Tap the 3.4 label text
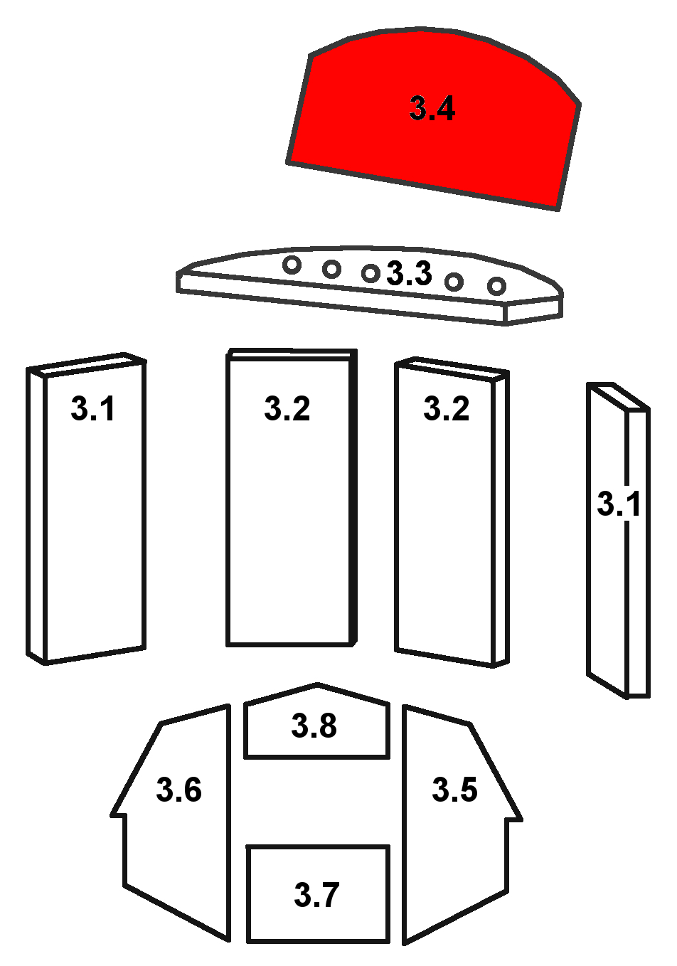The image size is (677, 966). point(432,108)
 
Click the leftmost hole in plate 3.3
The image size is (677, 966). point(292,265)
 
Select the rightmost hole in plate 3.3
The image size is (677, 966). point(496,286)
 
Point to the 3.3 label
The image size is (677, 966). point(409,273)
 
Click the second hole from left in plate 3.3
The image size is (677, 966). point(331,269)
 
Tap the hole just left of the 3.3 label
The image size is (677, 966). point(371,273)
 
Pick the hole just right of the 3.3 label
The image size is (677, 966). point(454,282)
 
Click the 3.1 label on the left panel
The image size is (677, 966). point(92,408)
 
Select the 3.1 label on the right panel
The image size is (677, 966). point(619,503)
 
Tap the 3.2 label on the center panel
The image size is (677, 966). point(287,408)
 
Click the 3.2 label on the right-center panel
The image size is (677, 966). point(446,408)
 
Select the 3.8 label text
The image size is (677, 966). point(314,725)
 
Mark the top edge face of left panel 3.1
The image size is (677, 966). point(86,365)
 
